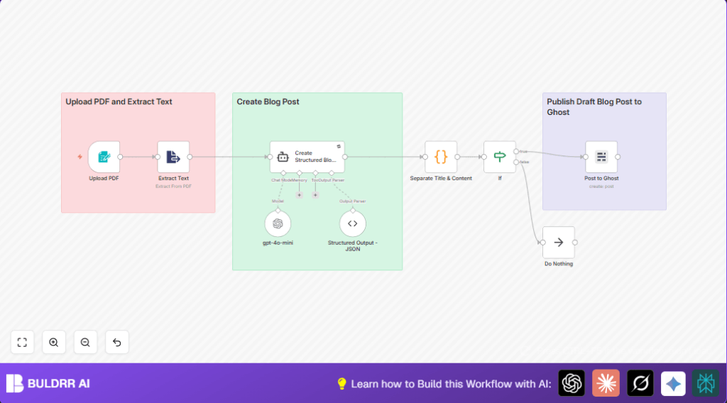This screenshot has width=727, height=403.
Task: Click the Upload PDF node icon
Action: tap(104, 157)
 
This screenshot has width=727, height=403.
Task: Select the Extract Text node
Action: tap(173, 157)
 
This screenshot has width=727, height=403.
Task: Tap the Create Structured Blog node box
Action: tap(307, 157)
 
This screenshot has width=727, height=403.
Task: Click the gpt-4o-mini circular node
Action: tap(278, 223)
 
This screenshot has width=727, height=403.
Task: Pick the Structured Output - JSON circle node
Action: tap(352, 223)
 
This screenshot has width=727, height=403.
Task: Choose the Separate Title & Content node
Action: tap(440, 157)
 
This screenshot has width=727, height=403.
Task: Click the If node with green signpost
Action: tap(499, 157)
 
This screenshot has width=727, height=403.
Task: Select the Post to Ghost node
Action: tap(601, 157)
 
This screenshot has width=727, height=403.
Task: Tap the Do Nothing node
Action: tap(558, 243)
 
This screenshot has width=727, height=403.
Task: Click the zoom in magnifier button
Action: tap(54, 342)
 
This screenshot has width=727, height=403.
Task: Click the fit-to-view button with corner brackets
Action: tap(22, 342)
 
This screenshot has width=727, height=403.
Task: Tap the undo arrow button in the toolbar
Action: tap(117, 342)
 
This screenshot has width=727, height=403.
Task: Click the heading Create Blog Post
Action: tap(268, 102)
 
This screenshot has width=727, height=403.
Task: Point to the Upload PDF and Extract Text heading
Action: tap(119, 102)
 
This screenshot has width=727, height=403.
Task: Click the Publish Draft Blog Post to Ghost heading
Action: tap(594, 106)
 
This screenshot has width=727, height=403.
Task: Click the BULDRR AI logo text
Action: tap(58, 384)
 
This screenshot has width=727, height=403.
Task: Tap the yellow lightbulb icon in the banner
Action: tap(341, 384)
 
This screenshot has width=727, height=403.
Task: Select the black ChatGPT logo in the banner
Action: tap(572, 383)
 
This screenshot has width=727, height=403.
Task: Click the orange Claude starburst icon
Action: tap(606, 383)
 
